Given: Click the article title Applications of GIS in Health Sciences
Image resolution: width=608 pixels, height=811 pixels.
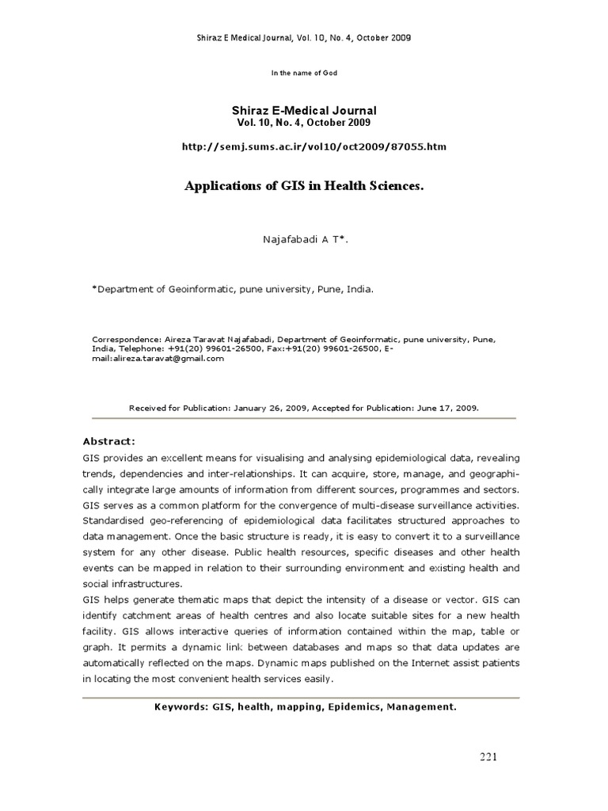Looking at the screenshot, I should (304, 186).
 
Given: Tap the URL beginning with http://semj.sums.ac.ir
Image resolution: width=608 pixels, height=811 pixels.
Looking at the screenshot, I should (304, 147).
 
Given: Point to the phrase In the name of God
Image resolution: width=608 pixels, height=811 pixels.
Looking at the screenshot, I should (304, 73).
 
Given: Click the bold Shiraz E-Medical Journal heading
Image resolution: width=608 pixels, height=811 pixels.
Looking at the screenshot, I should (304, 111).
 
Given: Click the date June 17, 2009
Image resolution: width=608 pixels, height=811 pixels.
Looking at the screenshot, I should (445, 409).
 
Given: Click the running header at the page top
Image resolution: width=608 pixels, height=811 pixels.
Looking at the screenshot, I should (304, 37).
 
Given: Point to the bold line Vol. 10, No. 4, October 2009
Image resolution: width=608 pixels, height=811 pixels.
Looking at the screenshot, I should (304, 123).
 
